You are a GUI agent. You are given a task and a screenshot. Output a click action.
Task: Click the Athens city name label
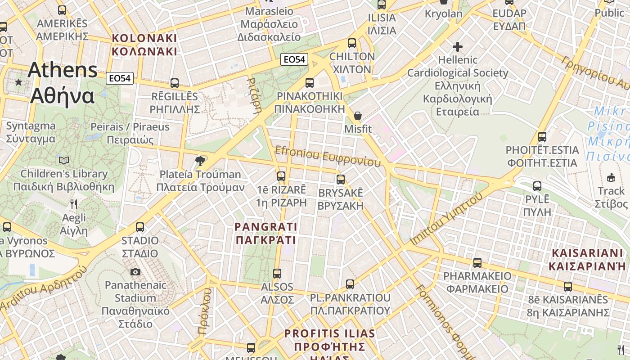63,83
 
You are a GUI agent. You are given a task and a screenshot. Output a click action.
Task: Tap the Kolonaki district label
144,45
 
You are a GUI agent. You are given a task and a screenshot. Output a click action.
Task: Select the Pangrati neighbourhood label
265,233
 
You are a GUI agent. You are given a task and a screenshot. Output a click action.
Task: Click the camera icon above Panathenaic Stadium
135,272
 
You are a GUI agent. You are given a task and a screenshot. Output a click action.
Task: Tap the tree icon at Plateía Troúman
200,161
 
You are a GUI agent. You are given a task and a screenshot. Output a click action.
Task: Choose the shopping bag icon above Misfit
357,116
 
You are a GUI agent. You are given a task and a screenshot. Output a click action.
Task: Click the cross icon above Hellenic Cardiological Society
458,46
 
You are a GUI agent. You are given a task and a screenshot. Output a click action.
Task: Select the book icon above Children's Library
64,160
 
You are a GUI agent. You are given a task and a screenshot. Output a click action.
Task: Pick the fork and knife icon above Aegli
74,204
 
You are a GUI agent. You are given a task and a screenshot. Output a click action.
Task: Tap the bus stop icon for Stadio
140,227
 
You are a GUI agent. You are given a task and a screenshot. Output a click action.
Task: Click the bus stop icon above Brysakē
341,180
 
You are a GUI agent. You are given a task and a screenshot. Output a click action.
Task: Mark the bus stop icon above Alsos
277,273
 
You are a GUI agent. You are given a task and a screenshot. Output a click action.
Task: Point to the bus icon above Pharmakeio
477,262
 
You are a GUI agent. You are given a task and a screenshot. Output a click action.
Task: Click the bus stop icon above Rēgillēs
175,83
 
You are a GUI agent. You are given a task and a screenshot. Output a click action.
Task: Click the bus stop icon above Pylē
537,186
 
